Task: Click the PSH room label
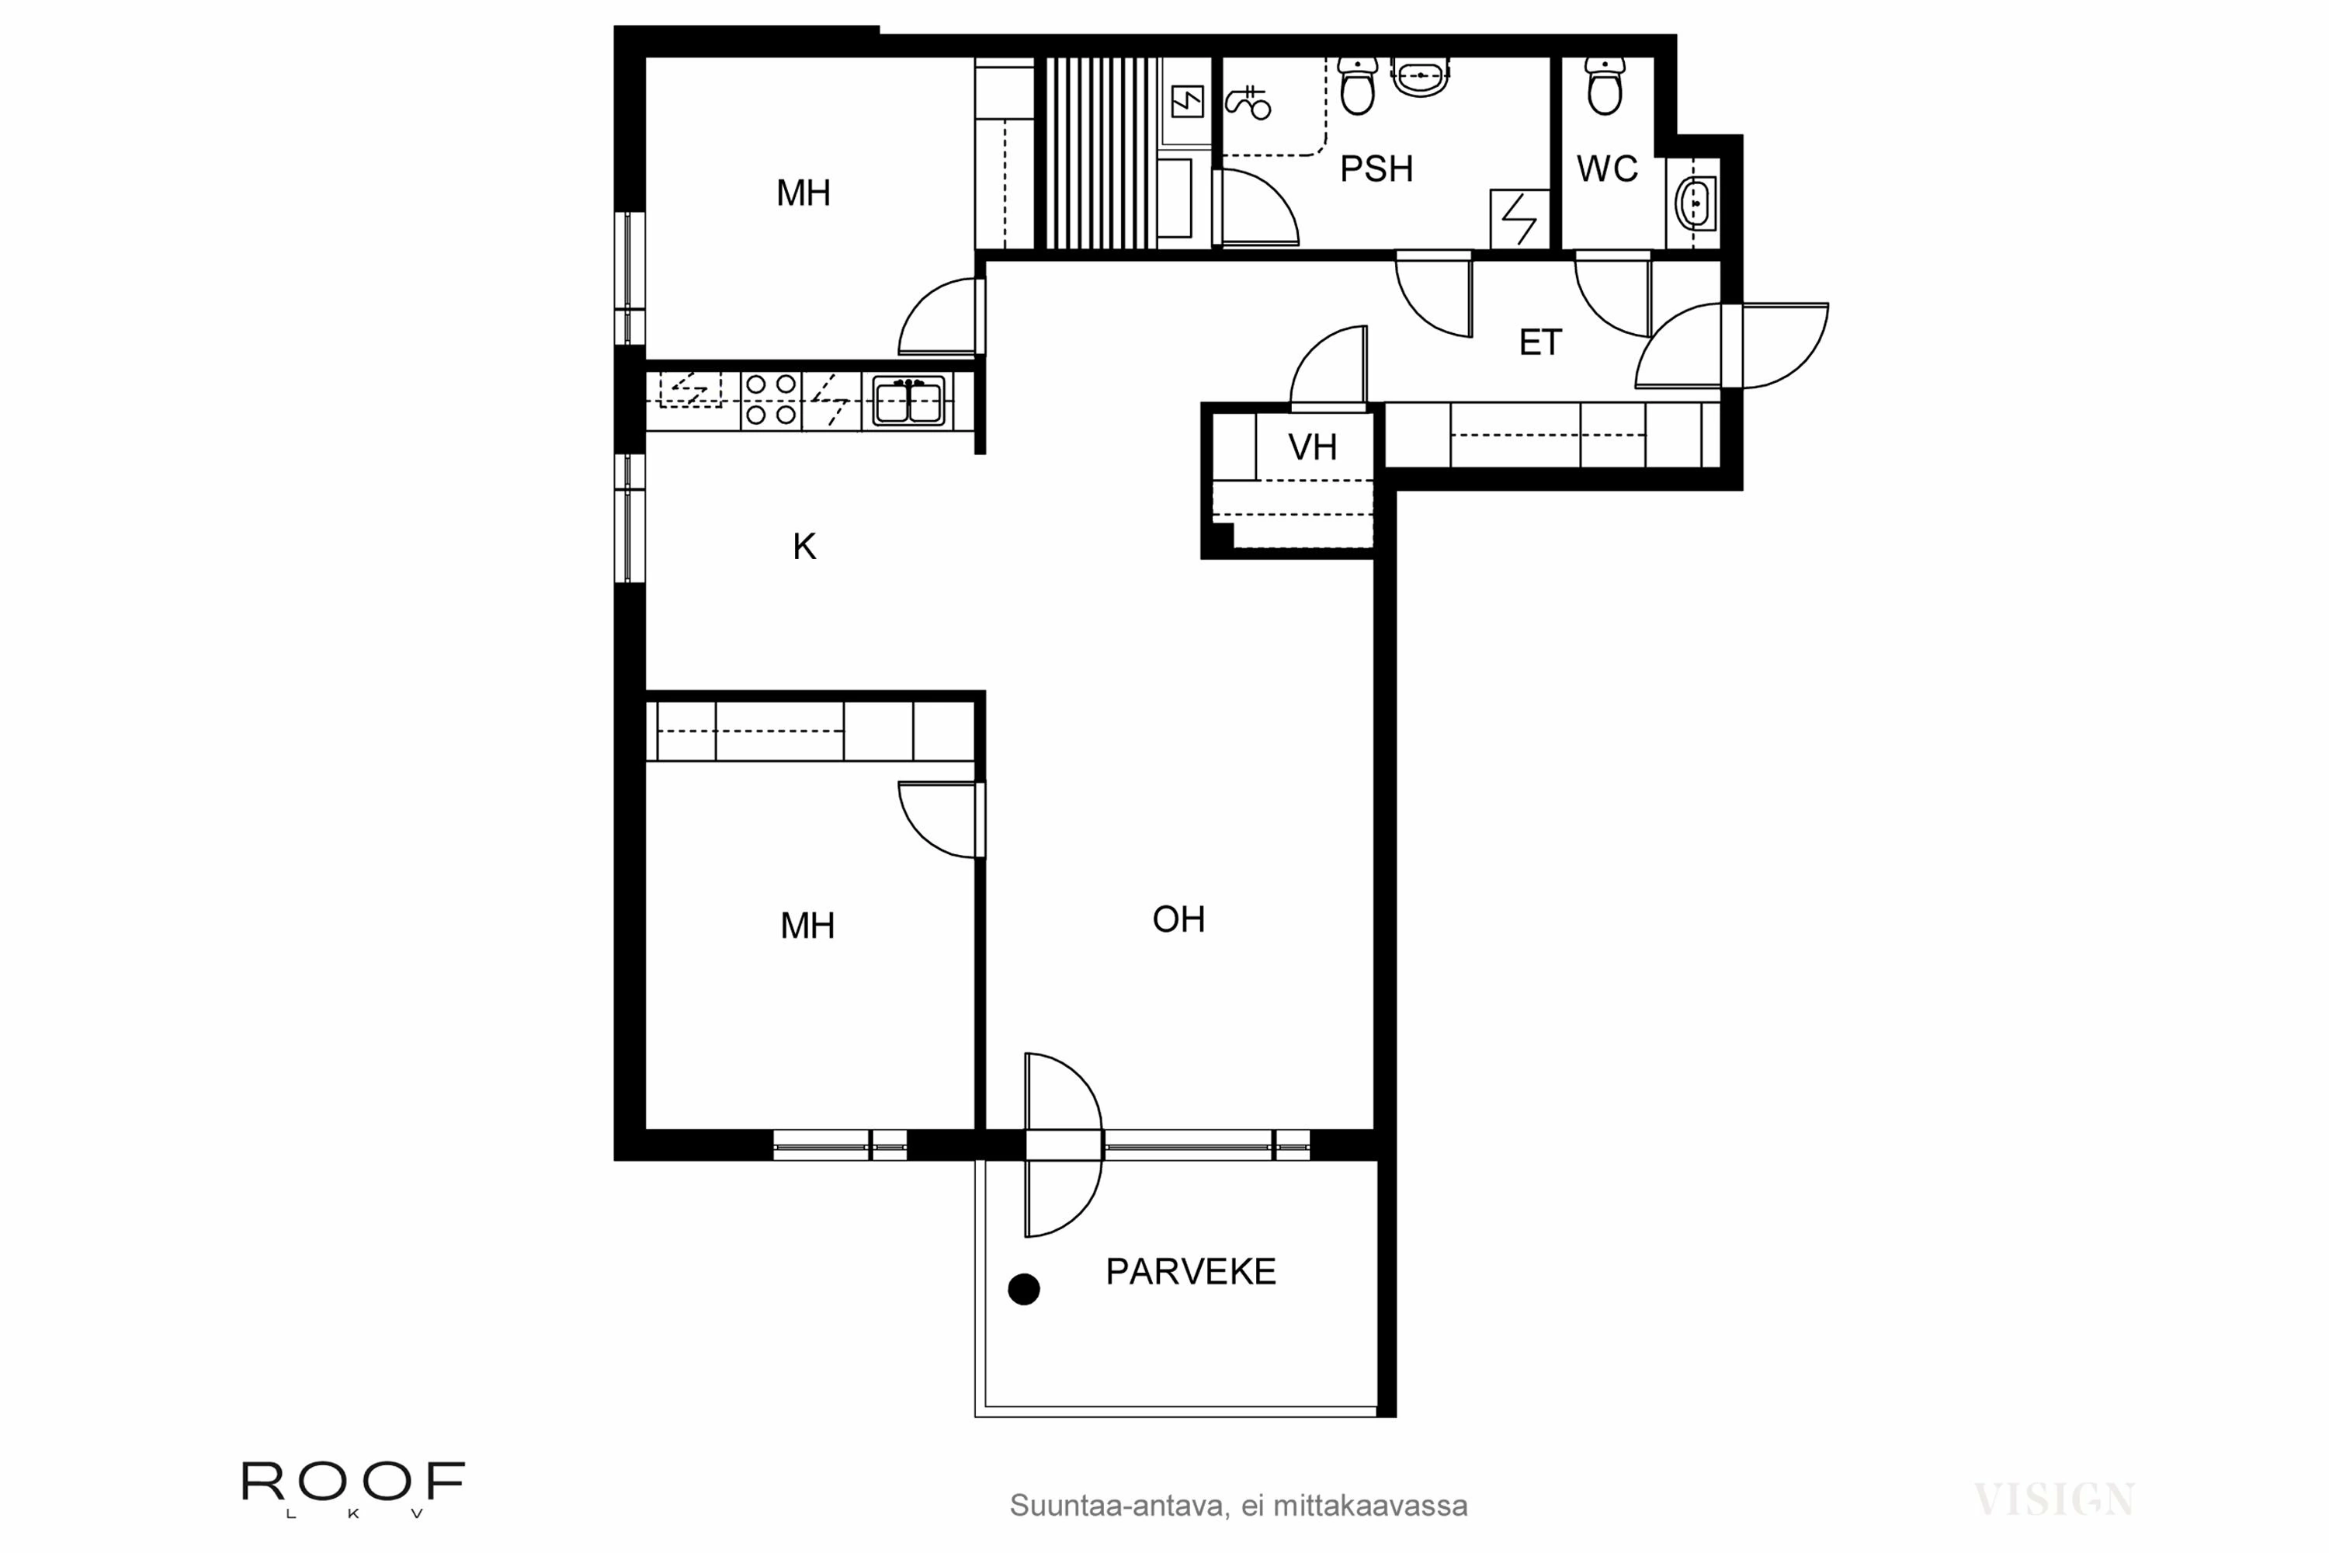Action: click(x=1376, y=169)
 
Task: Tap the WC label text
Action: click(x=1607, y=169)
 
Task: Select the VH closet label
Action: click(x=1312, y=448)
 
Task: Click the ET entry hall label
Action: click(x=1539, y=342)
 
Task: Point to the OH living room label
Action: click(x=1178, y=920)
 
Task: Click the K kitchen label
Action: click(x=804, y=547)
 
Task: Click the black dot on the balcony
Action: click(x=1024, y=1290)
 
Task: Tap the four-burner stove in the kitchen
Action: click(x=770, y=399)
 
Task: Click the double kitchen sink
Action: click(x=908, y=400)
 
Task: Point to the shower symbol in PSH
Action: click(x=1248, y=102)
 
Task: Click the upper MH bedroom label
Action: click(x=803, y=193)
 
